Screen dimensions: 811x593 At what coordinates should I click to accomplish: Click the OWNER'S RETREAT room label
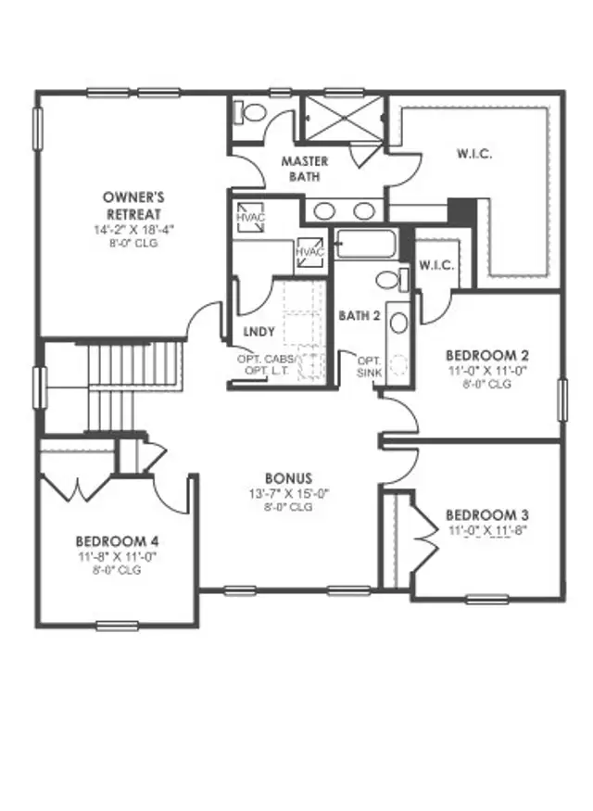tap(133, 204)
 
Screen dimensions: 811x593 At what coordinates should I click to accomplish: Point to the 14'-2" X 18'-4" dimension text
tap(133, 228)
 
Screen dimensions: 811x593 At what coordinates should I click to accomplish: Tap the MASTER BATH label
tap(305, 167)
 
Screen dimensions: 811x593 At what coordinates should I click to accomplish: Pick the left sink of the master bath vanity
tap(324, 210)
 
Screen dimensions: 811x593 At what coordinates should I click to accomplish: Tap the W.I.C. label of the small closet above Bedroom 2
tap(435, 265)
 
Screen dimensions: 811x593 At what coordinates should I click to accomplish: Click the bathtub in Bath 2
tap(365, 245)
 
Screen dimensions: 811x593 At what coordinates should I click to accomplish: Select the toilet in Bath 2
tap(389, 279)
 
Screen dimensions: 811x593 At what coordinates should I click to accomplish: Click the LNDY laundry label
tap(256, 331)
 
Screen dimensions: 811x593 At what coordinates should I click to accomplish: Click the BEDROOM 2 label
tap(486, 355)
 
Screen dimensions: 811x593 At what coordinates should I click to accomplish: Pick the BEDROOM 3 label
tap(486, 515)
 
